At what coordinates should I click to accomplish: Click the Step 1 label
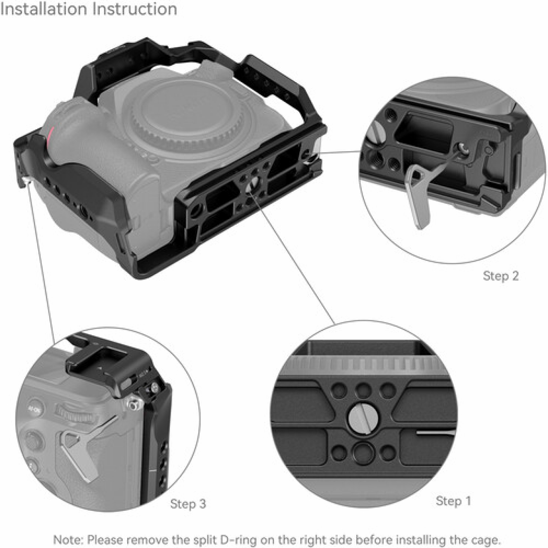pos(453,500)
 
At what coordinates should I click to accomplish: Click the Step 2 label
pos(500,276)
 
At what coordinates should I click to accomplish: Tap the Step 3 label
pos(188,504)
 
